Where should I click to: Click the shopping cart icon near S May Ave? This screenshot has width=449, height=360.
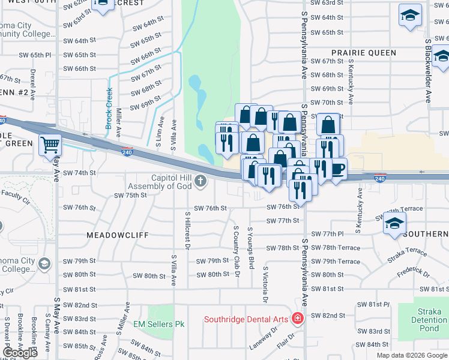pos(50,144)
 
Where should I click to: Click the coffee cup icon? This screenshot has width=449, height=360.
pos(338,169)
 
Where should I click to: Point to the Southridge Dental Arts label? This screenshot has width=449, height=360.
pos(246,319)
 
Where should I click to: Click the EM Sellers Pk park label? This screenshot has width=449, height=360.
pos(158,324)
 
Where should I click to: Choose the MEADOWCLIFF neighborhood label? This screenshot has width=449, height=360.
pos(117,235)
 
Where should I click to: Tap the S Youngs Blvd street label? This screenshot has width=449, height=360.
pos(252,245)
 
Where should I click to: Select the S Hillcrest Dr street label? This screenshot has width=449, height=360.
pos(187,230)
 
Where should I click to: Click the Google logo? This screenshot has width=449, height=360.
pos(21,352)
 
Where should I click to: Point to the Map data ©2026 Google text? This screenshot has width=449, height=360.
pos(412,355)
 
